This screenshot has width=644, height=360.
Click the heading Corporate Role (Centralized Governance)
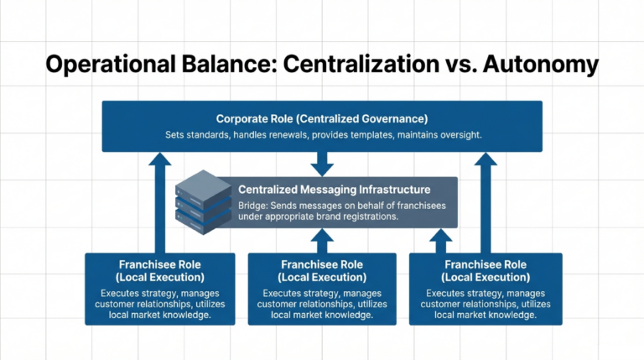tap(321, 118)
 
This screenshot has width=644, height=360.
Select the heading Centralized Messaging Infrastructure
tap(334, 190)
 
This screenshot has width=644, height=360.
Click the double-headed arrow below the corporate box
tap(321, 164)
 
